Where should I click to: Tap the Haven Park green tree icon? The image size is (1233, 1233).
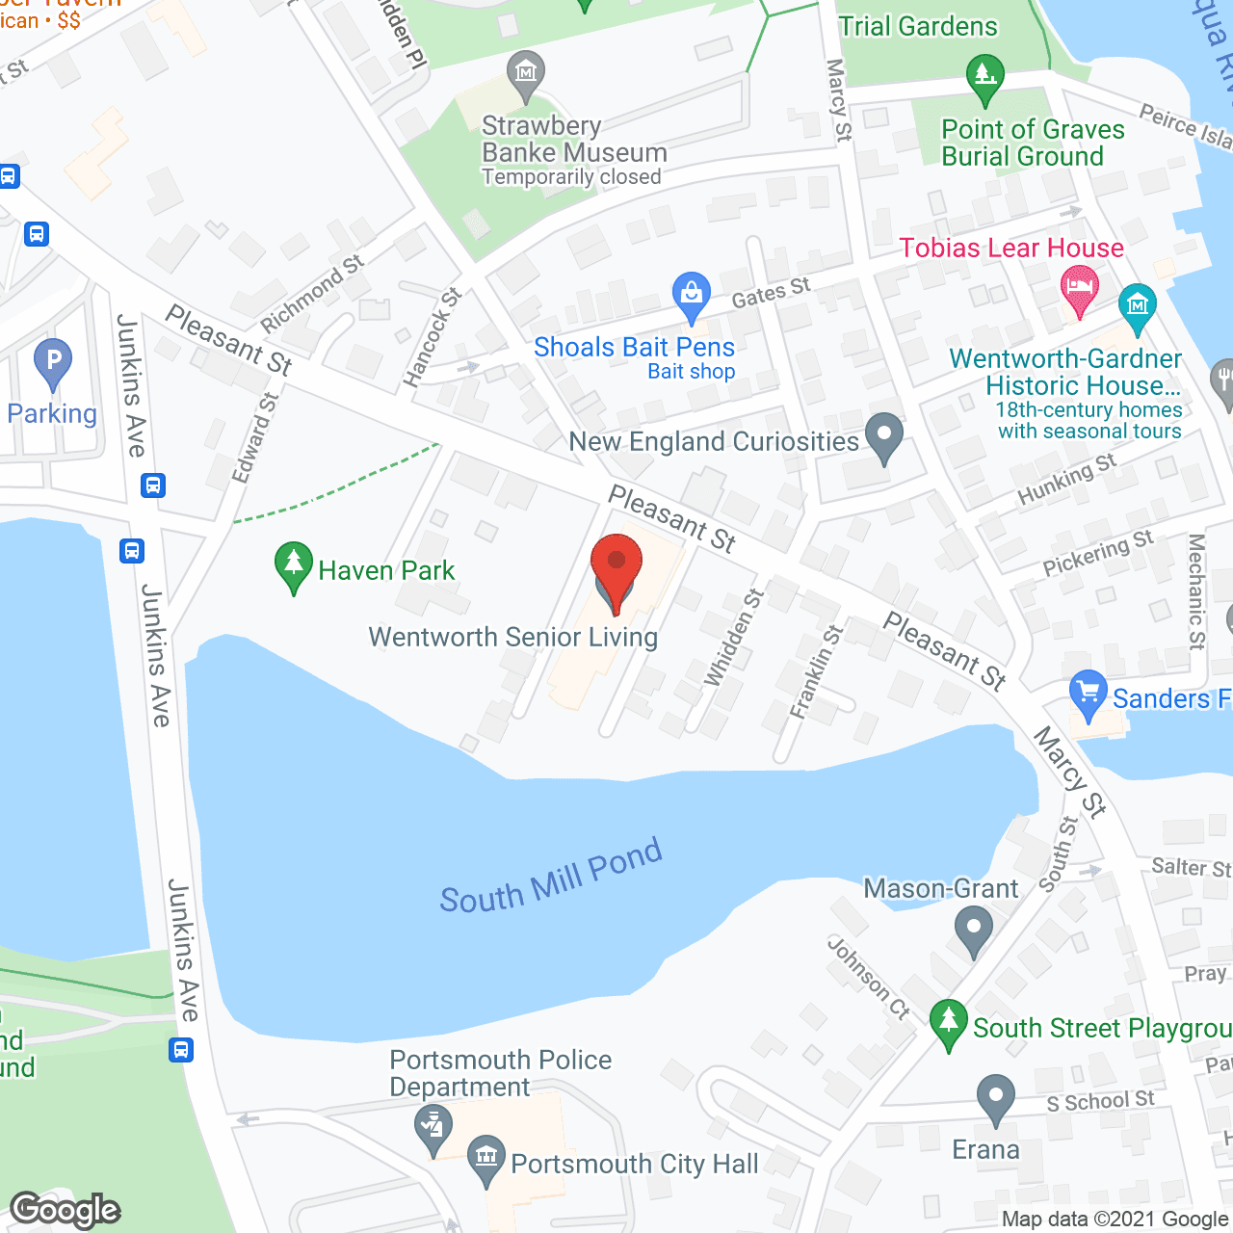coord(293,566)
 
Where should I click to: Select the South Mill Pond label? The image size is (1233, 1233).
coord(551,877)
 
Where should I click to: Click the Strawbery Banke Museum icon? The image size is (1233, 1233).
coord(526,74)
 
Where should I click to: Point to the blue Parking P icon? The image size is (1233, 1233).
coord(53,363)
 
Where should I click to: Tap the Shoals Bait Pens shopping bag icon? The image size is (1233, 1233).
coord(691,295)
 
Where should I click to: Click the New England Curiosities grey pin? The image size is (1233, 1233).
coord(883,436)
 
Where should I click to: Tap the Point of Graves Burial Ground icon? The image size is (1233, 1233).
coord(984,77)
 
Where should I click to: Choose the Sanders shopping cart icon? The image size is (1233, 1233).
coord(1089,694)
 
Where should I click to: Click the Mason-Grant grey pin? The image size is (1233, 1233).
coord(973,931)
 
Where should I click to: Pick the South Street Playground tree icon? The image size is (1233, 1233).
coord(949,1023)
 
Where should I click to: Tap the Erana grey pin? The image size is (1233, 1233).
coord(995,1098)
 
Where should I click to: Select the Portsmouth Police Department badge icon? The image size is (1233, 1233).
coord(433,1129)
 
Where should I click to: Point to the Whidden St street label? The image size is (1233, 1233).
coord(733,637)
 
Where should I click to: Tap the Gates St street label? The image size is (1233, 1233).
coord(771,291)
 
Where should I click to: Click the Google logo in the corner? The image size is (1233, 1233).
coord(66,1210)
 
